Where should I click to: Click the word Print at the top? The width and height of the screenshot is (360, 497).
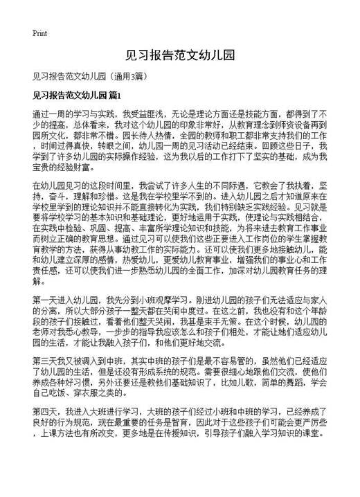[x=39, y=33]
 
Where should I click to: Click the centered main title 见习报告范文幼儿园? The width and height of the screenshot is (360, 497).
[x=179, y=55]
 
